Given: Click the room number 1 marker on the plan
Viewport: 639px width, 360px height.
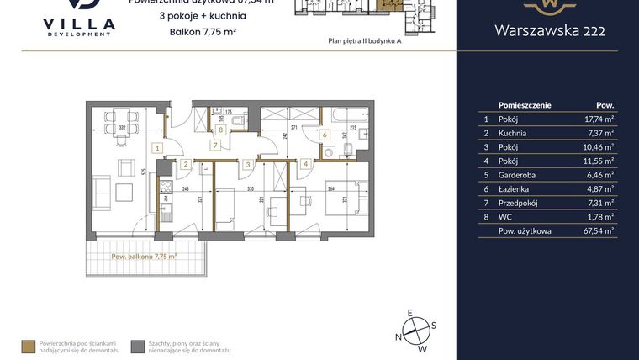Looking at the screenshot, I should click(156, 147).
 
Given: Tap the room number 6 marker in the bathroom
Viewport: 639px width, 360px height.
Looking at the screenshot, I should click(325, 135).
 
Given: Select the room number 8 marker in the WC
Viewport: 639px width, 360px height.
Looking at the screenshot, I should click(221, 130).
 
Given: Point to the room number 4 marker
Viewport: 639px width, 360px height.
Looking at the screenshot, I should click(306, 164).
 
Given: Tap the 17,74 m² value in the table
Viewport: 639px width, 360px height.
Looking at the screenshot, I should click(599, 119).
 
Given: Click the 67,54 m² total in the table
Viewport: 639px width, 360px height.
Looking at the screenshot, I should click(599, 230).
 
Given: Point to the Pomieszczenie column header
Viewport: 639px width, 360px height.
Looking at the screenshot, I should click(525, 105).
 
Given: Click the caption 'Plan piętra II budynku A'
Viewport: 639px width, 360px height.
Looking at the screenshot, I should click(365, 40).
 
